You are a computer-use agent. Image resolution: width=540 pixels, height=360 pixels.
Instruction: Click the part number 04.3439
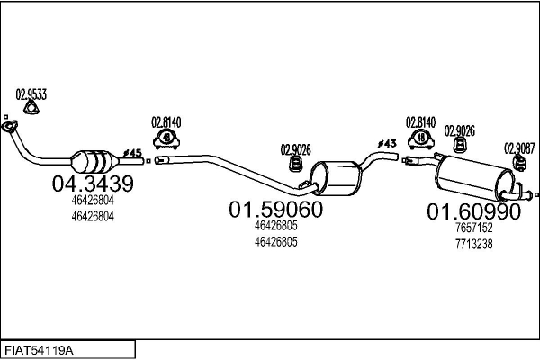[93, 184]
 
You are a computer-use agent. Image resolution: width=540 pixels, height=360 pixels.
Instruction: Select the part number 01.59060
[276, 209]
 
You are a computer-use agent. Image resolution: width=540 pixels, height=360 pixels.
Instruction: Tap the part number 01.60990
[474, 211]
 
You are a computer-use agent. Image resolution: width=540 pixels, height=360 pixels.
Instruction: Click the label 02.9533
[31, 94]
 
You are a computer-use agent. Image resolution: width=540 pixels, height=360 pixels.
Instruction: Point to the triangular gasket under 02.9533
[31, 108]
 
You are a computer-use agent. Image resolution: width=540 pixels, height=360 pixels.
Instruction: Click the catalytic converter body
[94, 161]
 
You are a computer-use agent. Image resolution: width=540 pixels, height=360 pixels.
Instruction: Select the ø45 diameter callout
[132, 153]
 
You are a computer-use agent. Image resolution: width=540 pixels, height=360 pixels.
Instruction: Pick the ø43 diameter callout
[387, 143]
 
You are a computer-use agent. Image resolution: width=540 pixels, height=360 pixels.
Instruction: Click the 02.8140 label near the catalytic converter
[166, 122]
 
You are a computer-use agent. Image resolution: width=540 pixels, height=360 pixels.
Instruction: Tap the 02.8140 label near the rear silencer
[420, 122]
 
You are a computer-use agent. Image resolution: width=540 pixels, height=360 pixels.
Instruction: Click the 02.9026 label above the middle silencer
[295, 150]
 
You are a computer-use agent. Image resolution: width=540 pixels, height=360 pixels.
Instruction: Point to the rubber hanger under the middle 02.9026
[295, 164]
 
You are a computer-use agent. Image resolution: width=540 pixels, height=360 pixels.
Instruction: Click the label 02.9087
[519, 148]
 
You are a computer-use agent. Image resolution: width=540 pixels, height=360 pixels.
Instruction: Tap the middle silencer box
[336, 178]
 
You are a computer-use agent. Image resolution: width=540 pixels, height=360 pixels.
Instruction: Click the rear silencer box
[475, 178]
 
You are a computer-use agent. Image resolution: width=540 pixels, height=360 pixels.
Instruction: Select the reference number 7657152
[474, 228]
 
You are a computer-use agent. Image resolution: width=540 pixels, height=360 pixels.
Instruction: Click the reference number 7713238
[474, 244]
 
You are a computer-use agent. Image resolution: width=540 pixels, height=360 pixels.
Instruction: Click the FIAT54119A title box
[67, 350]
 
